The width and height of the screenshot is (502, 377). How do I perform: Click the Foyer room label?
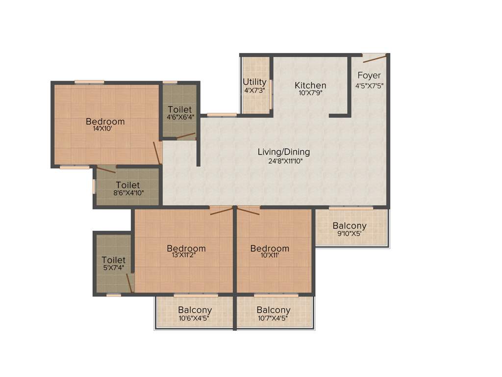click(x=369, y=76)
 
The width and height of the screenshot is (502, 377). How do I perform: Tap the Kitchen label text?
click(x=310, y=85)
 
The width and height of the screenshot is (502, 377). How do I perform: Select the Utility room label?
click(x=254, y=82)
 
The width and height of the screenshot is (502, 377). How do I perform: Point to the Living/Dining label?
click(x=284, y=152)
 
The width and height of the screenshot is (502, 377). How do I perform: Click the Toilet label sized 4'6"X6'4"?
click(x=180, y=109)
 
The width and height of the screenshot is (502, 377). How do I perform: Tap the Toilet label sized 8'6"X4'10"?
click(x=128, y=185)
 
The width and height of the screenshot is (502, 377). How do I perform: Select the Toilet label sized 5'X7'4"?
click(x=114, y=260)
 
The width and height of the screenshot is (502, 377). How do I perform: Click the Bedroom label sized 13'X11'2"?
click(x=186, y=248)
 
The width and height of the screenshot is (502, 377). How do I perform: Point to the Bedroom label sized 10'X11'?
click(x=270, y=248)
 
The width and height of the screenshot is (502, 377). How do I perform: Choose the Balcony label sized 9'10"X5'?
click(x=350, y=226)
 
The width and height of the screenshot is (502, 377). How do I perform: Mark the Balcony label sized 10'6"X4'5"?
click(x=195, y=310)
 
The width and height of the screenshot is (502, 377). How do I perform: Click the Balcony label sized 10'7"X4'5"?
click(x=273, y=310)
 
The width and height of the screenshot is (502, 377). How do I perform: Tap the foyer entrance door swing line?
click(x=374, y=59)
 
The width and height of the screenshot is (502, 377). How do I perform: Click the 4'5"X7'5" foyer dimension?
click(x=369, y=85)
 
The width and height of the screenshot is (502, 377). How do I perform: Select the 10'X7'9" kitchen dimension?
click(x=310, y=93)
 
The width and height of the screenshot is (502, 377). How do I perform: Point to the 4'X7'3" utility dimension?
click(x=254, y=90)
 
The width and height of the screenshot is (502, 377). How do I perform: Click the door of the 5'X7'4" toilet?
click(x=129, y=283)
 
